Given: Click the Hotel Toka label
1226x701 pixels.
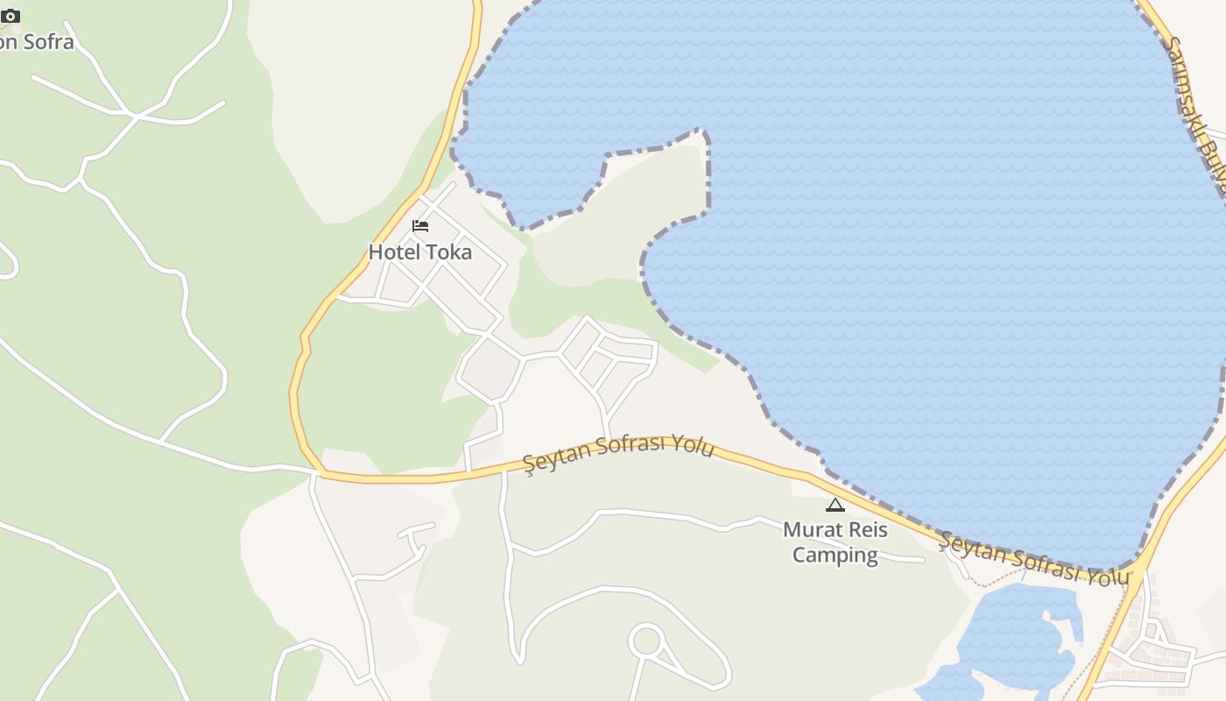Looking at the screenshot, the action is click(419, 252).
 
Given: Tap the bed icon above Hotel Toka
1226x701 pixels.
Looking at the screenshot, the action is click(420, 226).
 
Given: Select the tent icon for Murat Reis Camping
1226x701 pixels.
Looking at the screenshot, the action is click(835, 505).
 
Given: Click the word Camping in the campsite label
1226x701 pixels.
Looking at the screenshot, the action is click(835, 555).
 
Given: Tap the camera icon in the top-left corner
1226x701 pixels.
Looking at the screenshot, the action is click(11, 16).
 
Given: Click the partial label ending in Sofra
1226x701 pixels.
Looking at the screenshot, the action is click(37, 41).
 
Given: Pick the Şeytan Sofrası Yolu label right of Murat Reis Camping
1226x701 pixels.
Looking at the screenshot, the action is click(1033, 558).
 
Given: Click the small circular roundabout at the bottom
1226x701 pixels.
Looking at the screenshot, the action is click(646, 641).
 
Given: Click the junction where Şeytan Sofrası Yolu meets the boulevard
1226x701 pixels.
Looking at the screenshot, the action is click(1139, 567).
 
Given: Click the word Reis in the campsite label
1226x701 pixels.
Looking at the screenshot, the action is click(865, 530).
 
